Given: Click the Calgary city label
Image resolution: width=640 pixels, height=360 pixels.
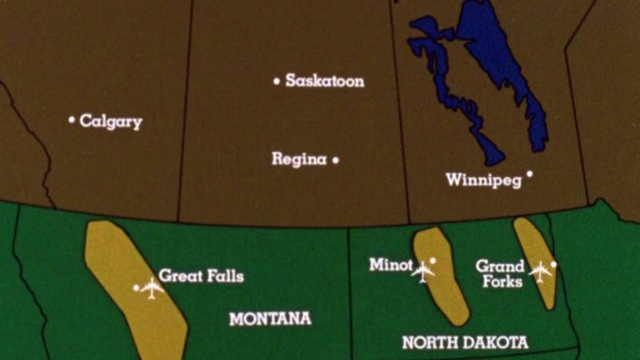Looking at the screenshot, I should point(111,121).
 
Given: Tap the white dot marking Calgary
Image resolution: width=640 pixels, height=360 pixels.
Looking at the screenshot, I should point(71,120).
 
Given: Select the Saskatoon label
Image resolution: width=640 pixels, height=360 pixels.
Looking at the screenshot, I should point(324,81).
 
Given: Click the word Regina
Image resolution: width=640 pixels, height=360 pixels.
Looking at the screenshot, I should point(299,160).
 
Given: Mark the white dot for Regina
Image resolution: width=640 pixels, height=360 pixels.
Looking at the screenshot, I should point(335,160).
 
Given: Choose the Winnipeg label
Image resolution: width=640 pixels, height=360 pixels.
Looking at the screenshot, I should point(483,180).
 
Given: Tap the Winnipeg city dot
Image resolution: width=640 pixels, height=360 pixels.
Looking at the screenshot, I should point(529,174).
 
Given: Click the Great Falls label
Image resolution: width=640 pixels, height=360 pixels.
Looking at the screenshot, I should point(201,276).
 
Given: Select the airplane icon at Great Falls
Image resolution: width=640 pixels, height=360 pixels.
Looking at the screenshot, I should point(152,288).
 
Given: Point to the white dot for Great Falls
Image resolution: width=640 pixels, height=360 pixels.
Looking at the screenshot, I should point(136,288).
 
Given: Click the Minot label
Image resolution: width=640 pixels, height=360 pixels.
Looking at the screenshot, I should point(391,264).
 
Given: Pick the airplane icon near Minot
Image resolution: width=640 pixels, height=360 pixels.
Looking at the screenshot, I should point(423,272).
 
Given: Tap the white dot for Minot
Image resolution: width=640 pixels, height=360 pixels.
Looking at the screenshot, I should point(432,260).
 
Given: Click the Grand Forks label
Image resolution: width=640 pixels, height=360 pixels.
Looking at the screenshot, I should point(500,273).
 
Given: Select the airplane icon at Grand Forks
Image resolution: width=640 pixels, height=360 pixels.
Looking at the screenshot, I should point(540,271).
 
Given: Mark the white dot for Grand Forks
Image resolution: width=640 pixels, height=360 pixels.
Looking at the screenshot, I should point(553,264).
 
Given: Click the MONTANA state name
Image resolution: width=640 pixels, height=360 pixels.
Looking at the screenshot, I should point(270,318).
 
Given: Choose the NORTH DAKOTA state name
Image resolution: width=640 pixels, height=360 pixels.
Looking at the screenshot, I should point(465,342).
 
